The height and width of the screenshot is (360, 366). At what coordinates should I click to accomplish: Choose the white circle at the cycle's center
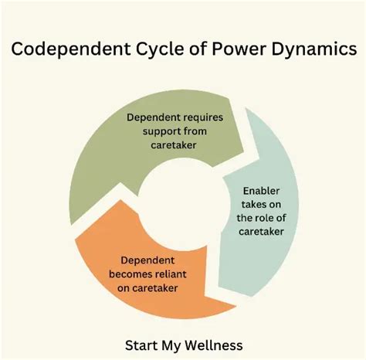tap(182, 202)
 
